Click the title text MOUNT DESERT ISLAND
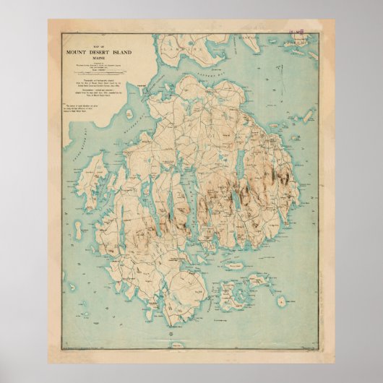coord(106,53)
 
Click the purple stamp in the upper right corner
coord(296,33)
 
